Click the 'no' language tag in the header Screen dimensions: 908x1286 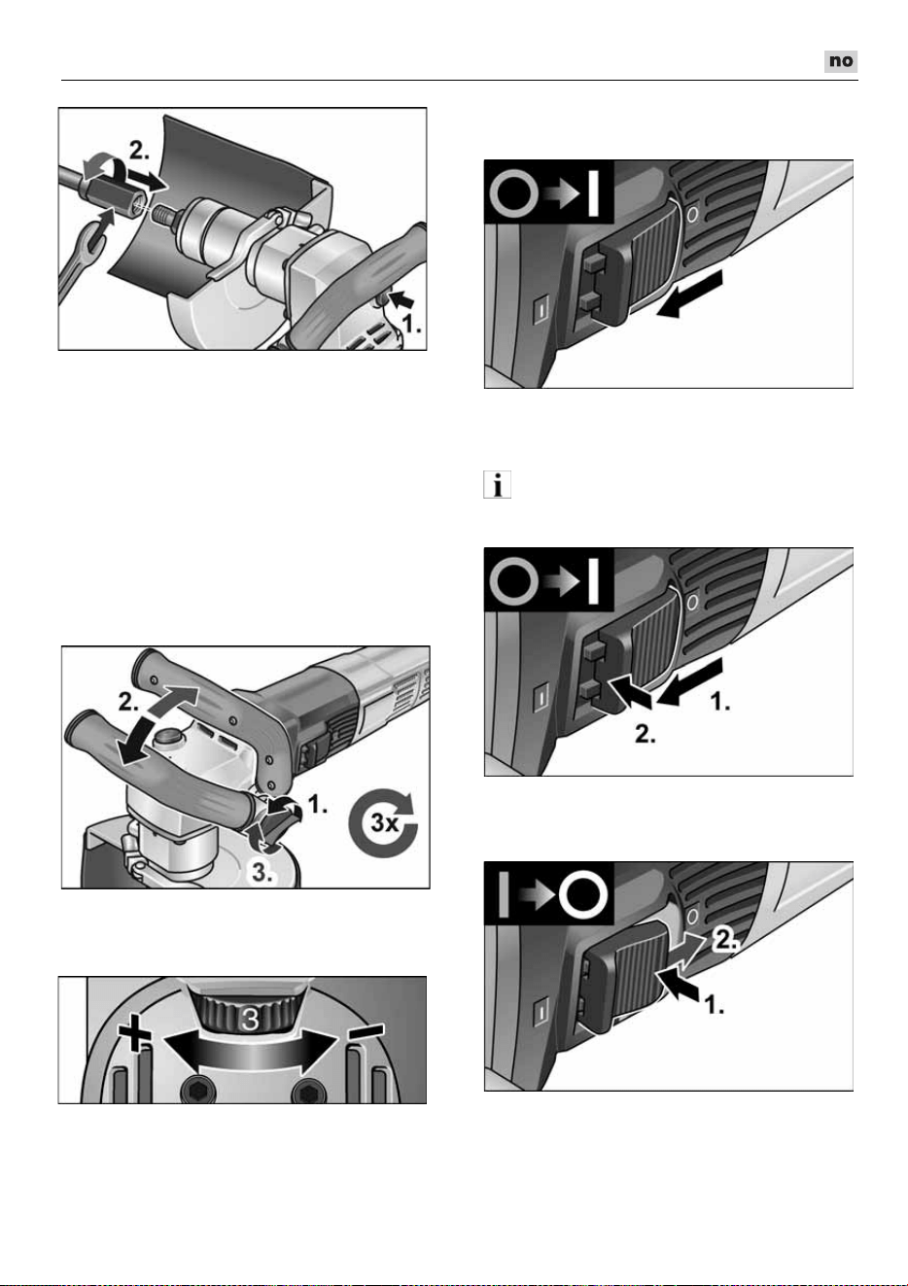(840, 61)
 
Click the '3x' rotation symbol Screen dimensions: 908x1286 (383, 822)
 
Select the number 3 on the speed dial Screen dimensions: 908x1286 (250, 1019)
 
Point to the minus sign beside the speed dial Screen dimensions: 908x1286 (366, 1030)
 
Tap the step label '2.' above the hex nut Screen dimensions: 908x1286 (139, 151)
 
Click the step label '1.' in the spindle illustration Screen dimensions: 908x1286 (410, 325)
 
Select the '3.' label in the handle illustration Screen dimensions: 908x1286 (262, 873)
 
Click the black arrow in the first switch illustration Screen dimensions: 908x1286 (689, 294)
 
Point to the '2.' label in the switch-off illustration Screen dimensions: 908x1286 (725, 939)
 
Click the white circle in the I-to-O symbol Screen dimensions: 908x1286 (583, 894)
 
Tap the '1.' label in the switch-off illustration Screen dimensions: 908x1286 (714, 1005)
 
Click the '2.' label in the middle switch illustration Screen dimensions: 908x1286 (645, 734)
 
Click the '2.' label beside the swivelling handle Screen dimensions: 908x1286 (128, 702)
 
